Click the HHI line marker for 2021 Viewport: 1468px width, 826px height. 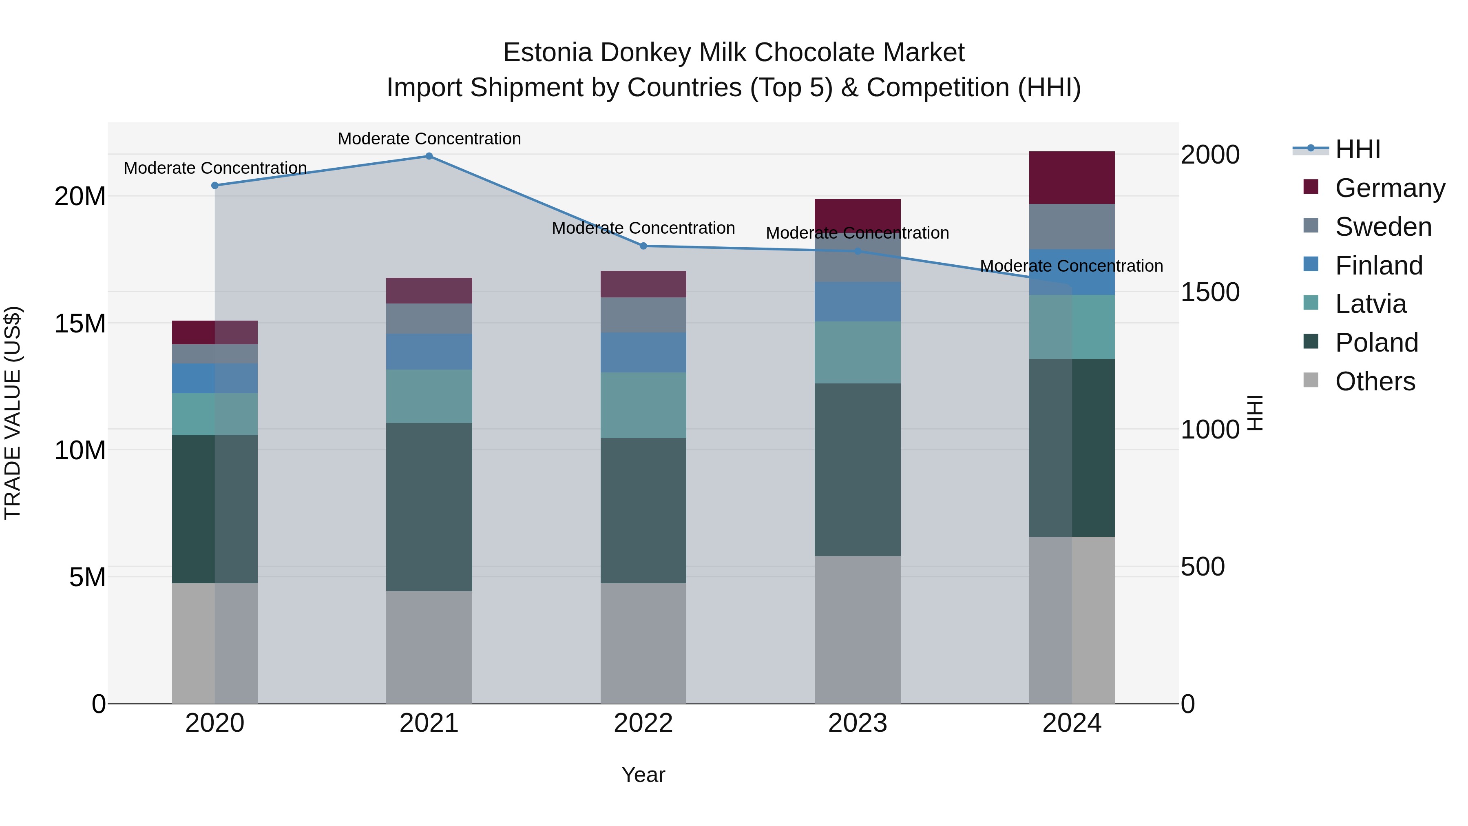429,156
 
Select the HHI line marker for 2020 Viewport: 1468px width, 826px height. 215,185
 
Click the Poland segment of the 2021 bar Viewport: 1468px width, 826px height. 429,507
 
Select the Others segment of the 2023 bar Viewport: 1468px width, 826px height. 858,629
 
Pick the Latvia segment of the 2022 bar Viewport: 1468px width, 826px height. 643,405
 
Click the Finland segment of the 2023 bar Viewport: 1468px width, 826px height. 858,301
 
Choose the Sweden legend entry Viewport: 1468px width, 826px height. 1383,227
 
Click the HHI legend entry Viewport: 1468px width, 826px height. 1357,149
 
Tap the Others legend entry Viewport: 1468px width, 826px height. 1375,381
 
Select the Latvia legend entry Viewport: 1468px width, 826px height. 1371,304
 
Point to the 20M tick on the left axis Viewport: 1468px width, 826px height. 80,197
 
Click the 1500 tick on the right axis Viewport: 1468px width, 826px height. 1210,292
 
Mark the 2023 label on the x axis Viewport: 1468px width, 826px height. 858,723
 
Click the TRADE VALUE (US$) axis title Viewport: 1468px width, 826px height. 13,413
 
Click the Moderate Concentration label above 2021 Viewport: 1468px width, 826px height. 429,139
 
